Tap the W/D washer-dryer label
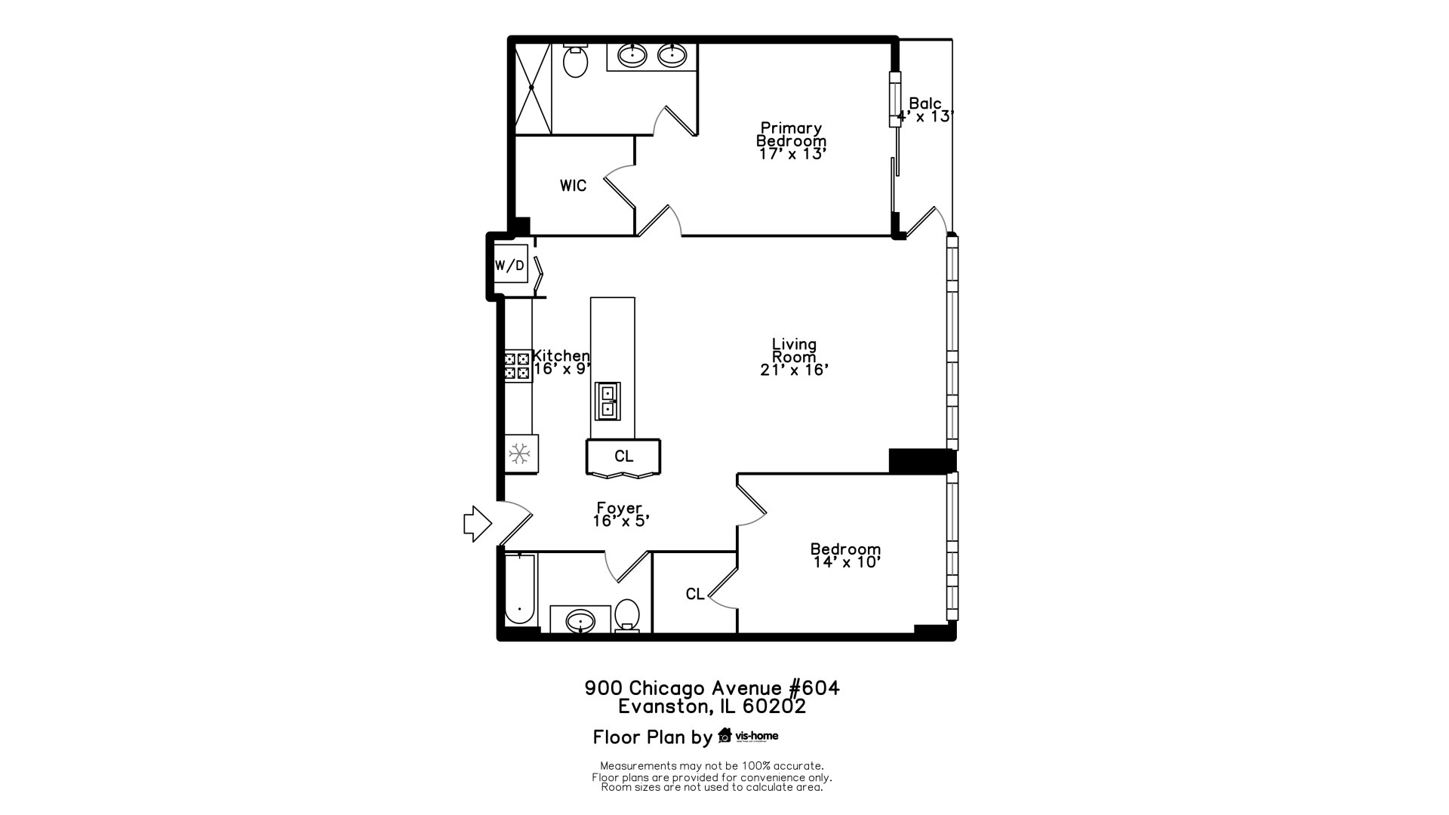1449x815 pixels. [509, 266]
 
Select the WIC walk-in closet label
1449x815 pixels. [573, 186]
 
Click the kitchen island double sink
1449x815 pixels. [608, 401]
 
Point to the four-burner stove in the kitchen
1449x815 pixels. [518, 366]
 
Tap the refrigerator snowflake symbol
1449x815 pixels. [519, 454]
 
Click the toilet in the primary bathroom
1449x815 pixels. [576, 62]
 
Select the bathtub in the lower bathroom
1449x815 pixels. [519, 590]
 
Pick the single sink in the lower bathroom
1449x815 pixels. [580, 622]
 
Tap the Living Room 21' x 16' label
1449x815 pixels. [794, 357]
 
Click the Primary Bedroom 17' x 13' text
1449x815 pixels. [792, 140]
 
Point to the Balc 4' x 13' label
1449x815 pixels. [925, 110]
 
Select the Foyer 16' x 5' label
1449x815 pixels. [620, 515]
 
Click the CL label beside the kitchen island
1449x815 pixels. [624, 457]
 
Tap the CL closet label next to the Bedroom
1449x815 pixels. [695, 595]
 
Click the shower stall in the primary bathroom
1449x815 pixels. [533, 88]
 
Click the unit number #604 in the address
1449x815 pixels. [814, 688]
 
